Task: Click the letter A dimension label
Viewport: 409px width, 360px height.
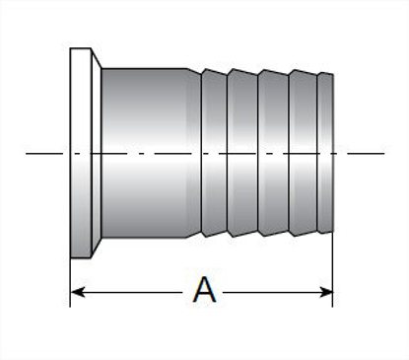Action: point(204,291)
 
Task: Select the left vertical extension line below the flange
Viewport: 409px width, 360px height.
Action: point(71,281)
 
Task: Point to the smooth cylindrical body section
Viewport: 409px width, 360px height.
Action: point(148,153)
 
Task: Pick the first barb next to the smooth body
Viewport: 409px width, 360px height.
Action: point(214,153)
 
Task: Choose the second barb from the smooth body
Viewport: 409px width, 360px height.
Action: point(242,153)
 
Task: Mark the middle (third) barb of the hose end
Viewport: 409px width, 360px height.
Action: point(273,153)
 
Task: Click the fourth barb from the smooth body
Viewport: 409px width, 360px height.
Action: point(304,153)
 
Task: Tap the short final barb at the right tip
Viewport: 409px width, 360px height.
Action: point(326,153)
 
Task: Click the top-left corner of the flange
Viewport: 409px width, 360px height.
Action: point(72,48)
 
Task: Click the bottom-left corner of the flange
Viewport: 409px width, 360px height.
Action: point(72,258)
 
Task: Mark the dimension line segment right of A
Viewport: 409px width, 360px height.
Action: point(276,292)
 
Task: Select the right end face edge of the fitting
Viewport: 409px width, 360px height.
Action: point(333,153)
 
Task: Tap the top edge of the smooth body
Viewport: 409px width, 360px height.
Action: point(148,69)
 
